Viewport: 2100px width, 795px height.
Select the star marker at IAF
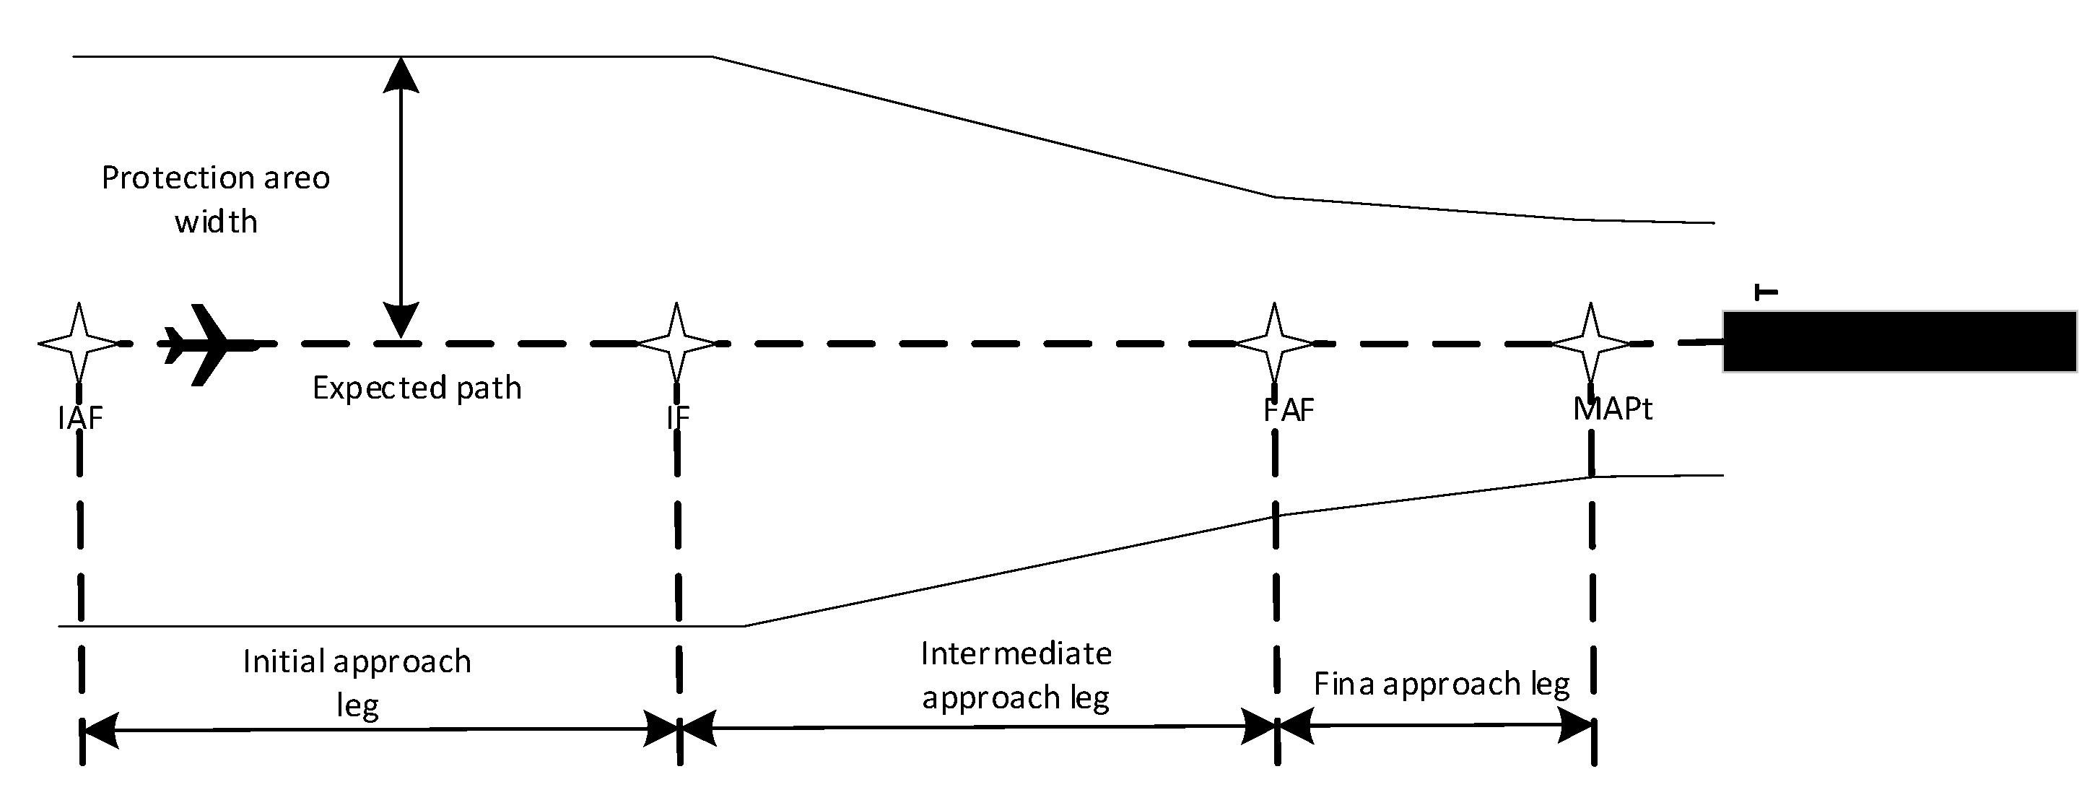tap(79, 343)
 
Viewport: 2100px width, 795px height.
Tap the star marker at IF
tap(676, 343)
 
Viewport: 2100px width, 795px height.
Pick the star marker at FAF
tap(1275, 343)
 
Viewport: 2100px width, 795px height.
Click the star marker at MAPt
tap(1590, 343)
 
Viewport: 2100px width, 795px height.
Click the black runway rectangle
tap(1899, 342)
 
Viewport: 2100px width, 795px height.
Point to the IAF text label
tap(80, 418)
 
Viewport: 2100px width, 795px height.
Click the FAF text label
tap(1289, 410)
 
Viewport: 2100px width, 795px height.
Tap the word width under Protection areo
tap(216, 222)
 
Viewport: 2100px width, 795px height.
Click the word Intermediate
tap(1016, 654)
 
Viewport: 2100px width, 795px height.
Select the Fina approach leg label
tap(1442, 684)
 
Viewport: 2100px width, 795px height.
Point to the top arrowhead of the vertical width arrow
tap(401, 75)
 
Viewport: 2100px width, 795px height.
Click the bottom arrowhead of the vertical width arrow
tap(401, 320)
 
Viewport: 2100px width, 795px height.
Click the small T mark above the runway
tap(1766, 292)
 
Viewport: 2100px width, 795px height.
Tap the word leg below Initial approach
tap(357, 705)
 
